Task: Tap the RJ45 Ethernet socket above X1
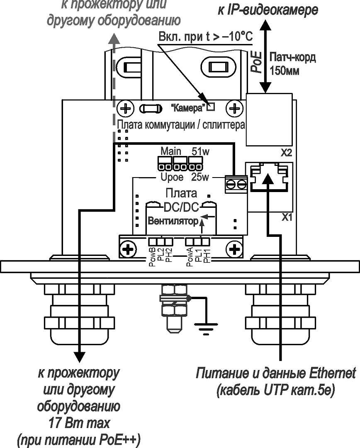(269, 177)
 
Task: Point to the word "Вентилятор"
(173, 221)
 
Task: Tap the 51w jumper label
(200, 151)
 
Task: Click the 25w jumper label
(201, 178)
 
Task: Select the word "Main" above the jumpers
(171, 151)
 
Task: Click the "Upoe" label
(171, 178)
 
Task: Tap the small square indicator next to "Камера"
(211, 107)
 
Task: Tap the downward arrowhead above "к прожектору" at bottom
(78, 357)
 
